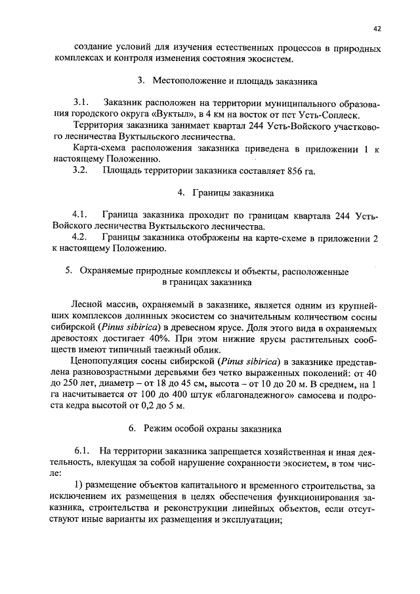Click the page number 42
(377, 28)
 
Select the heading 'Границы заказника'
(228, 194)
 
